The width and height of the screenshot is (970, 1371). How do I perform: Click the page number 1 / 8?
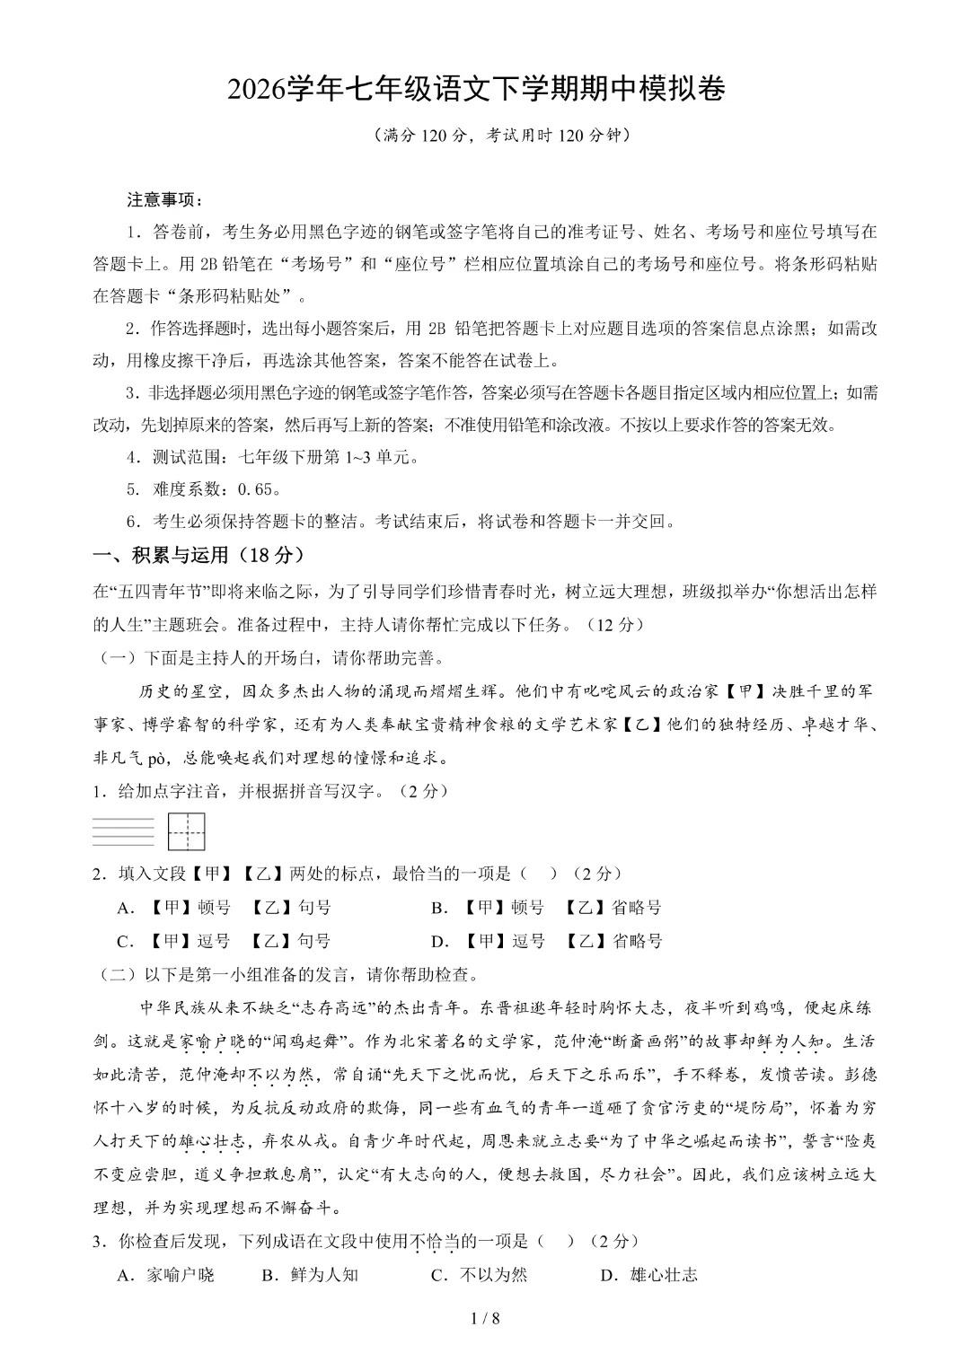484,1318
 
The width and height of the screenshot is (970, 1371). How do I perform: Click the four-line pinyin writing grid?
123,831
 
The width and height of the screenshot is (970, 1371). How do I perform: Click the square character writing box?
187,831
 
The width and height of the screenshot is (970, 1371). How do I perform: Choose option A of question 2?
224,908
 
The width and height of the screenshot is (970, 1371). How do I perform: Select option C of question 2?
224,941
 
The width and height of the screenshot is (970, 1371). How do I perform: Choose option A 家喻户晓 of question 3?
166,1275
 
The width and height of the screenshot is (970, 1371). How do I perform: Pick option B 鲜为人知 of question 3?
310,1275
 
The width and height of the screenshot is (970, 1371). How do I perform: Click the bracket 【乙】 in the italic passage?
642,725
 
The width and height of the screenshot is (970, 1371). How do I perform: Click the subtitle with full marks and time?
484,136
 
